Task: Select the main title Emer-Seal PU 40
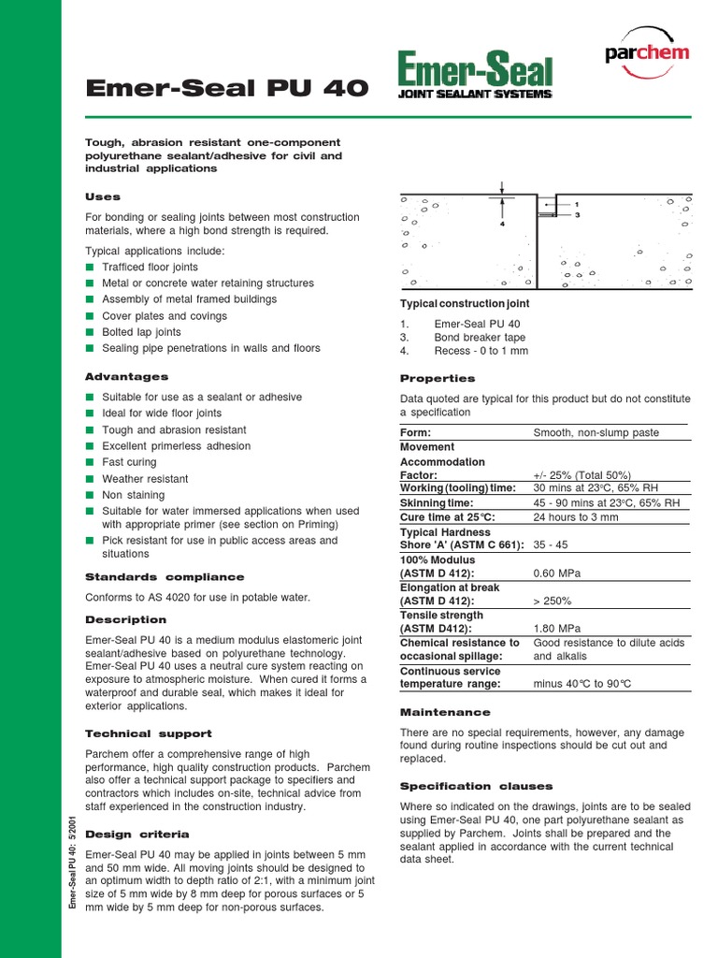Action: click(x=227, y=90)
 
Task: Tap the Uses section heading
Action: click(x=103, y=197)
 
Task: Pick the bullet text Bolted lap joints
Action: click(x=141, y=332)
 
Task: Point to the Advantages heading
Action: click(x=127, y=377)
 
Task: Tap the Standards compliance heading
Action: click(x=165, y=577)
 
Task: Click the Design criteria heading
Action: click(x=137, y=834)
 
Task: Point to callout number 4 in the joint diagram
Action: click(x=502, y=224)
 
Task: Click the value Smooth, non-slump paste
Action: click(x=596, y=433)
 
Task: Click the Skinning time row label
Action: click(x=438, y=503)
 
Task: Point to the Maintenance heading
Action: click(x=444, y=713)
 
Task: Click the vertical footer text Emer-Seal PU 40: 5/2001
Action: click(x=72, y=860)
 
